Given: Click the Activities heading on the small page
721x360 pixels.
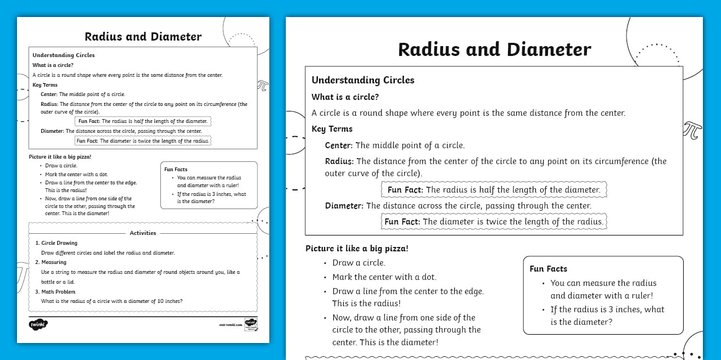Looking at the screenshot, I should tap(143, 233).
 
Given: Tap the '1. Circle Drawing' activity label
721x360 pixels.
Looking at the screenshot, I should tap(57, 243).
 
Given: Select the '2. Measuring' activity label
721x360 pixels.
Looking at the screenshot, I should tap(54, 262).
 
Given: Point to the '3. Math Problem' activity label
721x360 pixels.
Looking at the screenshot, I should tap(55, 292).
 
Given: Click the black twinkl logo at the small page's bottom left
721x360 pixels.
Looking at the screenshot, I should tap(38, 324).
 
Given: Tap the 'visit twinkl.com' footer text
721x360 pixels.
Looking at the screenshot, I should tap(230, 325).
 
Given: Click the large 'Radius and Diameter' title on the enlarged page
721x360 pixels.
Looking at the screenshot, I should tap(494, 49).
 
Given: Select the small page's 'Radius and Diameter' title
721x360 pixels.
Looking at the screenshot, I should tap(143, 37).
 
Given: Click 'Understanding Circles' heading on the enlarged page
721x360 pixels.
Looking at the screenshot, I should tap(363, 80).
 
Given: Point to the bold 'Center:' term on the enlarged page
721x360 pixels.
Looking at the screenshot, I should tap(339, 145).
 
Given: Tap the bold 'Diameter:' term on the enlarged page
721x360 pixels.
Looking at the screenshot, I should tap(344, 206).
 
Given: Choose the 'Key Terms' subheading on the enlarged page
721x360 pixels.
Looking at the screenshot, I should tap(332, 129).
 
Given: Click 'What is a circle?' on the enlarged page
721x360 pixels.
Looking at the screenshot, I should tap(345, 97).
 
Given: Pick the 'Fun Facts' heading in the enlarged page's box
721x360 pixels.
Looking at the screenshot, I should tap(548, 269).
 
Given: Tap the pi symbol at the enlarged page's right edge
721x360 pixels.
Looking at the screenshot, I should tap(692, 130).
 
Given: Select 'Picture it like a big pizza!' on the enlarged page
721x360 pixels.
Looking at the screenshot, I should tap(357, 249).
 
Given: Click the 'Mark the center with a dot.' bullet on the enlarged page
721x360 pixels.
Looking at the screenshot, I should tap(384, 277).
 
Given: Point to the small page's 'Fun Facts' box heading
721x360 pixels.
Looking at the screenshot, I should tap(176, 170).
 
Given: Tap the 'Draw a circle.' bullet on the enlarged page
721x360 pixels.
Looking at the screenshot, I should tap(359, 263).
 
